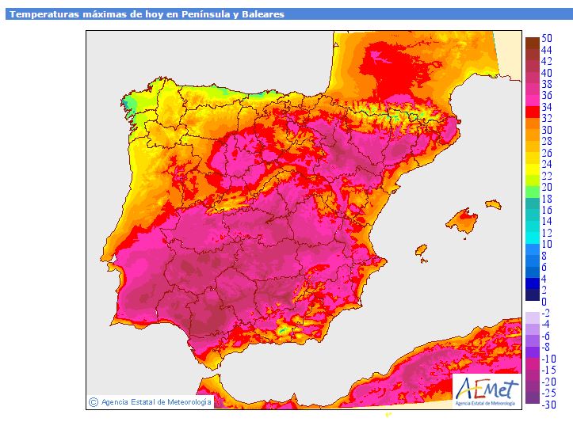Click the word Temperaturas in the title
tap(44, 14)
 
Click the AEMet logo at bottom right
tap(487, 391)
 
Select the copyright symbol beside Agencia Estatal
tap(94, 402)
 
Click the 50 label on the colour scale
tap(547, 38)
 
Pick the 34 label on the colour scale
tap(547, 107)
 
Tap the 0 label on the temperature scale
tap(544, 302)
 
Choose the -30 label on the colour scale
tap(548, 405)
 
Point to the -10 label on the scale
tap(548, 359)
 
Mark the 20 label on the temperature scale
tap(547, 188)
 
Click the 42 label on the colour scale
tap(547, 61)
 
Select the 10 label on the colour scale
tap(547, 244)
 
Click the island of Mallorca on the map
tap(462, 220)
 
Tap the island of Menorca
tap(493, 204)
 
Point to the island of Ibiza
tap(421, 250)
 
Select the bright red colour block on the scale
tap(533, 112)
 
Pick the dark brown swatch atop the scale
tap(533, 43)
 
